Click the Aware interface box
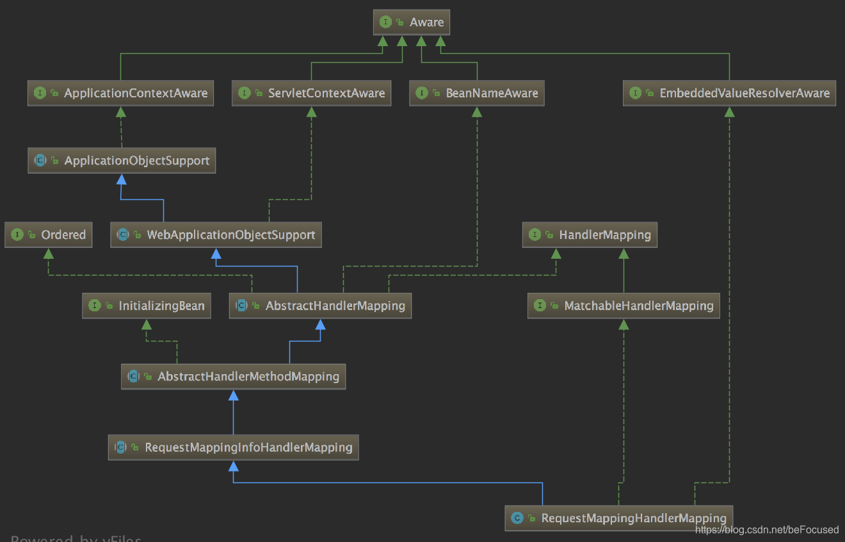click(412, 22)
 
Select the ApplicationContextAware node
click(121, 94)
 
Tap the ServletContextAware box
click(311, 94)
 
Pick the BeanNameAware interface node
click(477, 94)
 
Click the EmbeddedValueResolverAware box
click(729, 94)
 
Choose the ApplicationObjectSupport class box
click(122, 161)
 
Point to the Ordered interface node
click(49, 235)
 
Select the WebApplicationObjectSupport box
click(216, 235)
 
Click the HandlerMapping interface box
click(590, 235)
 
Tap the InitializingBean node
click(147, 306)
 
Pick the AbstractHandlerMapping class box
click(320, 306)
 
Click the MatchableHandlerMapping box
click(624, 306)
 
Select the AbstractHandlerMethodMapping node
click(234, 377)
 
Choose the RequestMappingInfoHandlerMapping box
click(234, 447)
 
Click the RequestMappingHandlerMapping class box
click(618, 518)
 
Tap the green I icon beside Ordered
click(17, 235)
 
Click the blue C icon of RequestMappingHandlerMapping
click(517, 518)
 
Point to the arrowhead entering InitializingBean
click(147, 325)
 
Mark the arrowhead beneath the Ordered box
click(49, 254)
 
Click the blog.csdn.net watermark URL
click(766, 530)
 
